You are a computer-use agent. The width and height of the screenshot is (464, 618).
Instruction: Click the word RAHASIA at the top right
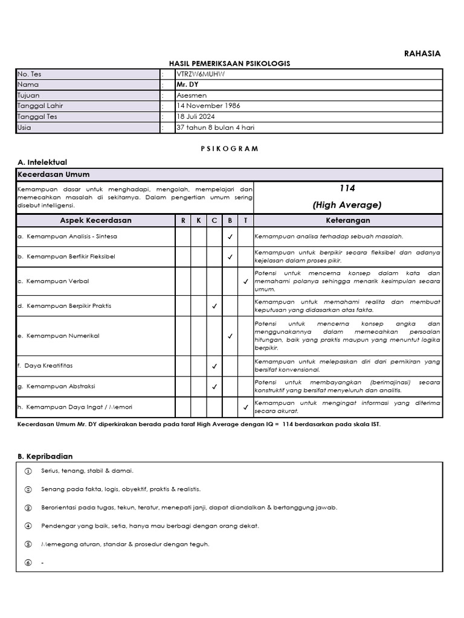tap(422, 53)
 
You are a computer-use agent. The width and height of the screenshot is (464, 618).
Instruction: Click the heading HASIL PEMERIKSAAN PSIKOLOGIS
tap(230, 63)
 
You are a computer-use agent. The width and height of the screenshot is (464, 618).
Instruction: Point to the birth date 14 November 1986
tap(199, 106)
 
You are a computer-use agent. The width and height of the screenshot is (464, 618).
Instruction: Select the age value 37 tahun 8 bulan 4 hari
tap(210, 127)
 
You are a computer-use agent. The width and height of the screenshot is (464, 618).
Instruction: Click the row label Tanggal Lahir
tap(40, 106)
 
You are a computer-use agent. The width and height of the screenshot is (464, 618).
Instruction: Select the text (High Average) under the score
tap(347, 205)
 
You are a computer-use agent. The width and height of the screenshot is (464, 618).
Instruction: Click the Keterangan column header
tap(347, 220)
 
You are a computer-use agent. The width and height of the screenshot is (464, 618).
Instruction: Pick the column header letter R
tap(183, 221)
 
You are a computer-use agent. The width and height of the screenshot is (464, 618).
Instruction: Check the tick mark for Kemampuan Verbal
tap(245, 281)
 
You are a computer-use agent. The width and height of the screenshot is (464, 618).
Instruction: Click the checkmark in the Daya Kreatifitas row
tap(214, 366)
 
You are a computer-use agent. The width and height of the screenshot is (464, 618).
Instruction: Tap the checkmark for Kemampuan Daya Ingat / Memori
tap(245, 407)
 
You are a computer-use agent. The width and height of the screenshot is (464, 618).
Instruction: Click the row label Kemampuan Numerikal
tap(63, 336)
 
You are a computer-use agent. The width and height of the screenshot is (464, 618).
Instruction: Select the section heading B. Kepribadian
tap(45, 456)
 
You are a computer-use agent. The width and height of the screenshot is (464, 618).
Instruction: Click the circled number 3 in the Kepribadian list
tap(28, 508)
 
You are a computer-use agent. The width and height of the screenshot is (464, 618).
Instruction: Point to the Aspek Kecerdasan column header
tap(95, 220)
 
